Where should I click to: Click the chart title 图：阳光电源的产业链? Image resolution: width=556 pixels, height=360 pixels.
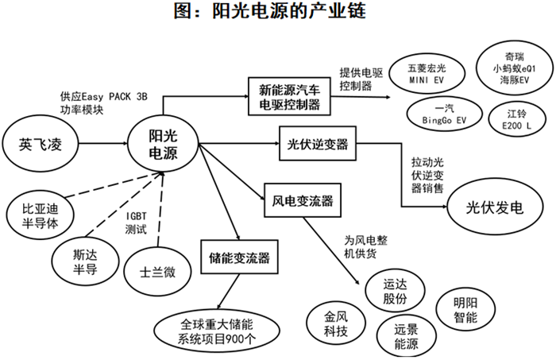click(x=278, y=13)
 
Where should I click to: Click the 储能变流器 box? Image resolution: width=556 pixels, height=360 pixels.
click(x=240, y=257)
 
